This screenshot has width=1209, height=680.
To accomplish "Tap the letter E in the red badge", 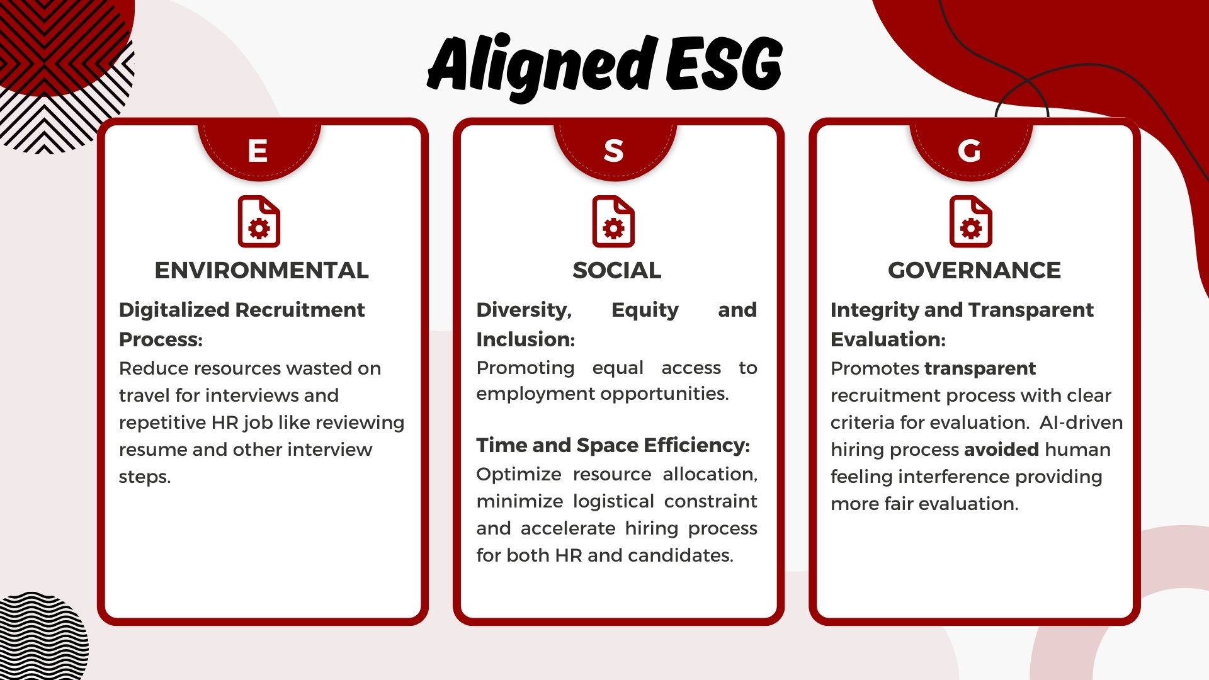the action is (258, 151).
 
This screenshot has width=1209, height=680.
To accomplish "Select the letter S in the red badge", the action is (613, 151).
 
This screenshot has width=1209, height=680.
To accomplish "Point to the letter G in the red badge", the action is (969, 151).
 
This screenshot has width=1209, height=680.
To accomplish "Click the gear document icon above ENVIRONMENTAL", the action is (259, 222).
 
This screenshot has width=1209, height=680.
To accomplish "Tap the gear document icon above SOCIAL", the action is (613, 222).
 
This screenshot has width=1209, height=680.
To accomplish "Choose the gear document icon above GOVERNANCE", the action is (970, 222).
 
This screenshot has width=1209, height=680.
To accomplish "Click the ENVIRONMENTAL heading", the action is (261, 270).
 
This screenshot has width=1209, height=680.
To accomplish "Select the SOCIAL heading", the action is (616, 270).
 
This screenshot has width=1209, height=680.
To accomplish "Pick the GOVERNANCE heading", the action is (974, 270).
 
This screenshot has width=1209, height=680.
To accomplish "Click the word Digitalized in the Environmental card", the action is (174, 310).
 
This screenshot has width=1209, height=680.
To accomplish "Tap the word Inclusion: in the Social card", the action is (525, 339).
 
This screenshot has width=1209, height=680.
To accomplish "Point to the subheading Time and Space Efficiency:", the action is (613, 445).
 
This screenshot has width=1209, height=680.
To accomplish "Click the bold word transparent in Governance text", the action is (980, 368).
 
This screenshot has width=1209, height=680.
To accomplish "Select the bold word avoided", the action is (1001, 450).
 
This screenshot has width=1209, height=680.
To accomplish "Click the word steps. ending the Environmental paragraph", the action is (145, 477).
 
